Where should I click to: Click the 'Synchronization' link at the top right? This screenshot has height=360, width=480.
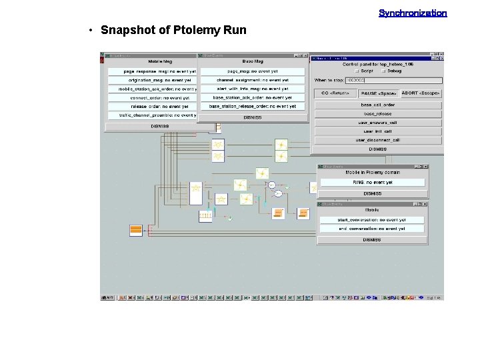[x=413, y=13]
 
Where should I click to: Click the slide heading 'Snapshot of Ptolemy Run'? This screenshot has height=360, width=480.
[x=173, y=30]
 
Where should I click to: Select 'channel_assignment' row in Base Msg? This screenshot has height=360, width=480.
[x=252, y=80]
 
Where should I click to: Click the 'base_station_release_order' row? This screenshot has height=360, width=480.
[x=252, y=107]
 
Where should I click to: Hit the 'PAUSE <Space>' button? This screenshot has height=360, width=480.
[x=377, y=93]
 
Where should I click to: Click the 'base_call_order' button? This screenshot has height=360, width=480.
[x=377, y=105]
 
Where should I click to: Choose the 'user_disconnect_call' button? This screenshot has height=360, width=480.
[x=377, y=140]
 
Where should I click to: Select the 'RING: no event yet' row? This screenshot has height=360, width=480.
[x=373, y=182]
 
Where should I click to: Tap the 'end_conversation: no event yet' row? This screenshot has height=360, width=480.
[x=373, y=229]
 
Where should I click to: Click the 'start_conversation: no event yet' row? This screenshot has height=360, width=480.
[x=373, y=219]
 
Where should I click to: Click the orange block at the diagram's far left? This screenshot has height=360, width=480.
[x=136, y=230]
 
